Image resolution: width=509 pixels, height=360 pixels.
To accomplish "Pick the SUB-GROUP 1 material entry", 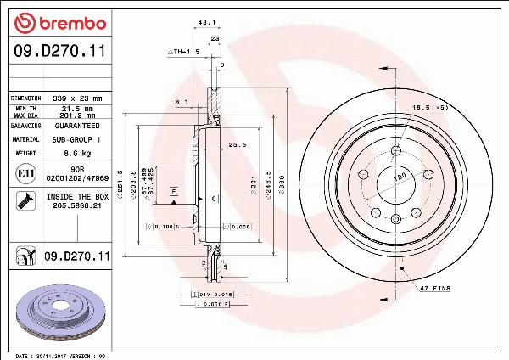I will click(x=76, y=138).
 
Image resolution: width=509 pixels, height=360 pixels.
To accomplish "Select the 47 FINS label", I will click(x=434, y=289).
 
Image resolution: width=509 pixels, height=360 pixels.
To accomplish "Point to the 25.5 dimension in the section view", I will click(x=237, y=145).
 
